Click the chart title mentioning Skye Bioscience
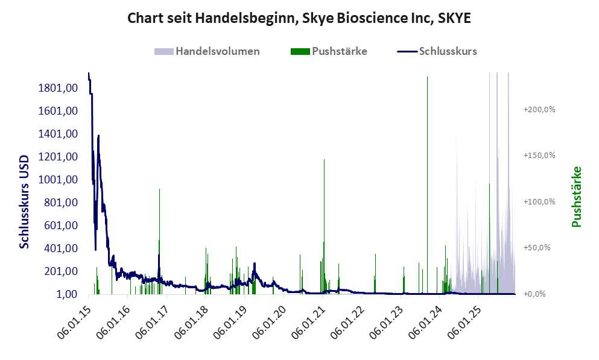[x=299, y=18]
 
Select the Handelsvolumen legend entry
[x=217, y=51]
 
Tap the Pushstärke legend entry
[x=339, y=51]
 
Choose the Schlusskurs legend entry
[x=447, y=51]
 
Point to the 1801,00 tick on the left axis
[x=59, y=88]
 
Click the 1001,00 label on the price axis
[x=59, y=180]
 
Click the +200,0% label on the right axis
[x=539, y=109]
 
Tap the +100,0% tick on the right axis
[x=539, y=201]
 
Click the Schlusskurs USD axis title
[x=25, y=200]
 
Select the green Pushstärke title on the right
[x=576, y=197]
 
